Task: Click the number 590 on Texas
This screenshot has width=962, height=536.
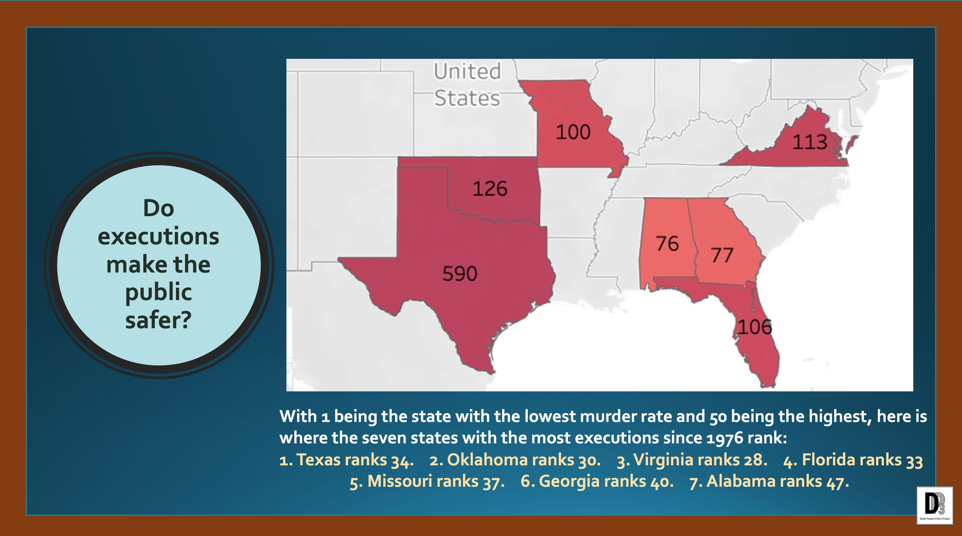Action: (x=460, y=274)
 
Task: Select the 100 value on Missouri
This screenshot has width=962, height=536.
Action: (x=573, y=132)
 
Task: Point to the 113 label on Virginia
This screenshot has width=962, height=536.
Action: (x=810, y=142)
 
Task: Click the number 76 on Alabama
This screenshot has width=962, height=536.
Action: (x=667, y=244)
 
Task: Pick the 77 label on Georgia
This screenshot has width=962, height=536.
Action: (x=722, y=255)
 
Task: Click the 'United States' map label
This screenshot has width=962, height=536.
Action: (x=467, y=85)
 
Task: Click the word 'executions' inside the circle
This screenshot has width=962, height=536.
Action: (x=158, y=237)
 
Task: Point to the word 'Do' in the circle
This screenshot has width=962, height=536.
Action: (x=158, y=208)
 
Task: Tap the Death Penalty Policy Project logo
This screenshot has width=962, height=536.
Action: (x=934, y=505)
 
